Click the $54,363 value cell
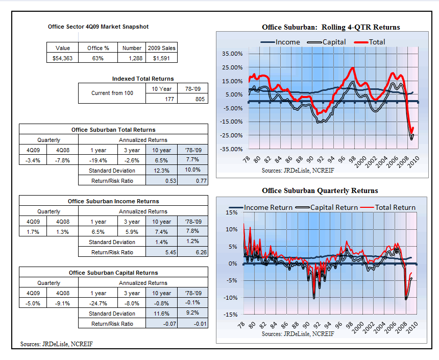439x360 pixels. [62, 58]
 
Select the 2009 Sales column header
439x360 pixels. [161, 48]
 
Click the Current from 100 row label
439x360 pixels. [112, 93]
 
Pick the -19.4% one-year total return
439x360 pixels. [98, 160]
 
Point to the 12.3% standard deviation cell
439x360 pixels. [161, 171]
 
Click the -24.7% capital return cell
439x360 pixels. [98, 303]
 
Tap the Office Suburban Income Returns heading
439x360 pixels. [113, 201]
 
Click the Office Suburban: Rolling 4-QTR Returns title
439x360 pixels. [331, 27]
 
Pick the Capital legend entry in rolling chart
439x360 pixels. [327, 42]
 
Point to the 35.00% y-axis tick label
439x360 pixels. [232, 54]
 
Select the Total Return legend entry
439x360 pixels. [388, 207]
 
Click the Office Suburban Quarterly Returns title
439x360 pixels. [320, 191]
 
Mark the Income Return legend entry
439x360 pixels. [261, 207]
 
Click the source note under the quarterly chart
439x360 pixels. [298, 334]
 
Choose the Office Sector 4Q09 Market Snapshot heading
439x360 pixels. [99, 27]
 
